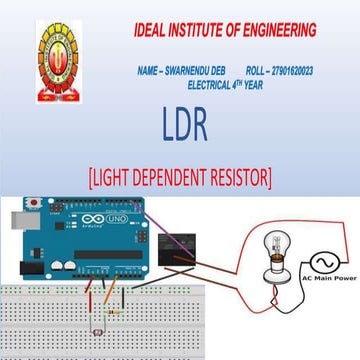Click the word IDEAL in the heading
[x=153, y=31]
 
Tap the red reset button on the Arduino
[x=38, y=204]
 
